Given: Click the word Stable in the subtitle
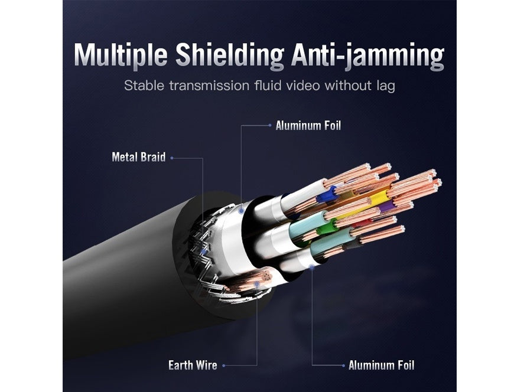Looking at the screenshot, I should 144,86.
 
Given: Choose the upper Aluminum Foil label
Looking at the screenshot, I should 308,126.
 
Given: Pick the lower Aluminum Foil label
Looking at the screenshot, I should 381,365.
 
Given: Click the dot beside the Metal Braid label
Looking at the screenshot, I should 172,158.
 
